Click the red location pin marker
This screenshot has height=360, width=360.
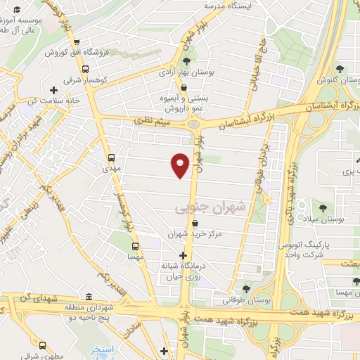pos(181,165)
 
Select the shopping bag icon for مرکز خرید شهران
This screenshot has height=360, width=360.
pos(185,222)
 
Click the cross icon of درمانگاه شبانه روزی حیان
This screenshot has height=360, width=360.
pos(184,255)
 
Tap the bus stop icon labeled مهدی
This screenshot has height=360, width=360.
pos(112,157)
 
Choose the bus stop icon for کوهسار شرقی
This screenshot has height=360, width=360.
pos(85,70)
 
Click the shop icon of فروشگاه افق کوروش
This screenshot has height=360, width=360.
pos(85,41)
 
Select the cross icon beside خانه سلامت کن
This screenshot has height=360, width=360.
pos(53,90)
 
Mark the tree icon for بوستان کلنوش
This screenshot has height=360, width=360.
pos(340,69)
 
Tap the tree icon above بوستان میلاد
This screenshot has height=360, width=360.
pos(322,208)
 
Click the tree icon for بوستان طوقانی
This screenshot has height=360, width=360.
pos(245,288)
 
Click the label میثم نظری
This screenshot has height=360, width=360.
pos(153,124)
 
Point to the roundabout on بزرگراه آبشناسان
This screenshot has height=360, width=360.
pos(194,126)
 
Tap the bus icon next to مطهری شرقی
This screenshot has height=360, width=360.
pos(44,345)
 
